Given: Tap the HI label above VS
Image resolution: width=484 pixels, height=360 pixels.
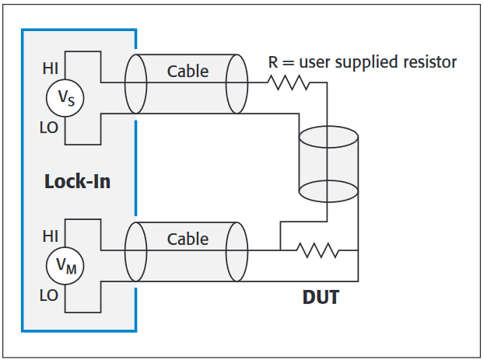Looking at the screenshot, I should [x=50, y=68].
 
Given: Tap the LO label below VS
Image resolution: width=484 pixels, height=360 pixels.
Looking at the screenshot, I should [x=49, y=128].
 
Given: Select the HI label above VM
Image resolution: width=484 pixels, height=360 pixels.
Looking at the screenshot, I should [x=50, y=234].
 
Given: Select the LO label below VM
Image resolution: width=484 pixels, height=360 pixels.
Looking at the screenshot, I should [x=49, y=295].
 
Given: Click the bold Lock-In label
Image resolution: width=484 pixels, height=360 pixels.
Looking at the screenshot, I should [x=77, y=182].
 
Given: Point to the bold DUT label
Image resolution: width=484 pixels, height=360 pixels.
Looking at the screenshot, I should [x=321, y=297].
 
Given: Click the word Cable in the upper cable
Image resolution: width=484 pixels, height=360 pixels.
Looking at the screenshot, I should [x=188, y=72].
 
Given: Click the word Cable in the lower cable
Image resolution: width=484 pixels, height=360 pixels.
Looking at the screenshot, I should [x=188, y=239].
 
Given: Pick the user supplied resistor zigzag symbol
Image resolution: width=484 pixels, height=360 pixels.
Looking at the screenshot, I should [x=289, y=82].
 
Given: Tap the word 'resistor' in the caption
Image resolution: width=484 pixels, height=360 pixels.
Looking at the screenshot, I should [x=427, y=61].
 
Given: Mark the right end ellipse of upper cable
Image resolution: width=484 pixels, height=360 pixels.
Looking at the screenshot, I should [x=237, y=83].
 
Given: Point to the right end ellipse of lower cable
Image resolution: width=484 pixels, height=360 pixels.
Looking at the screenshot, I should [x=237, y=250].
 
